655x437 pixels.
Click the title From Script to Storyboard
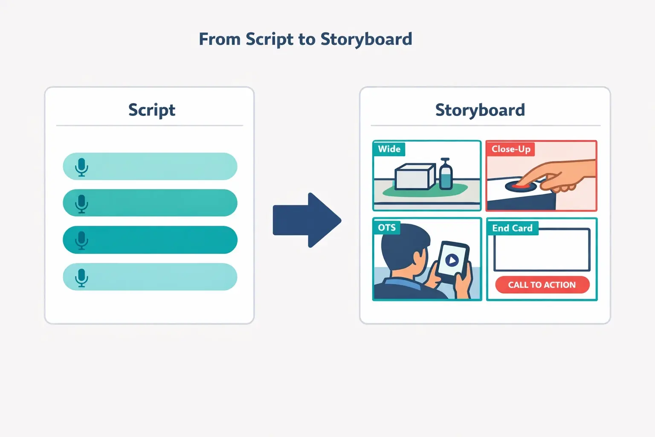pyautogui.click(x=305, y=39)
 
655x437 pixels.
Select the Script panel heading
pyautogui.click(x=151, y=110)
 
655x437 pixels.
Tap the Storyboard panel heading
pyautogui.click(x=480, y=110)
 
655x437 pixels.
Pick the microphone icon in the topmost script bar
pyautogui.click(x=81, y=167)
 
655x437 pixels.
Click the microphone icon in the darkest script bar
pyautogui.click(x=81, y=240)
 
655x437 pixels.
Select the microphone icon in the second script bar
pyautogui.click(x=81, y=204)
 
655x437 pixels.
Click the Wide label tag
pyautogui.click(x=389, y=149)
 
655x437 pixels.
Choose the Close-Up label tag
pyautogui.click(x=510, y=149)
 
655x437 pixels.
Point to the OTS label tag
pyautogui.click(x=387, y=227)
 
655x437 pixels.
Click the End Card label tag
pyautogui.click(x=512, y=228)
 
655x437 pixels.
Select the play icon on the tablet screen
pyautogui.click(x=452, y=259)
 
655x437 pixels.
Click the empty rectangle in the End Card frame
pyautogui.click(x=542, y=250)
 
